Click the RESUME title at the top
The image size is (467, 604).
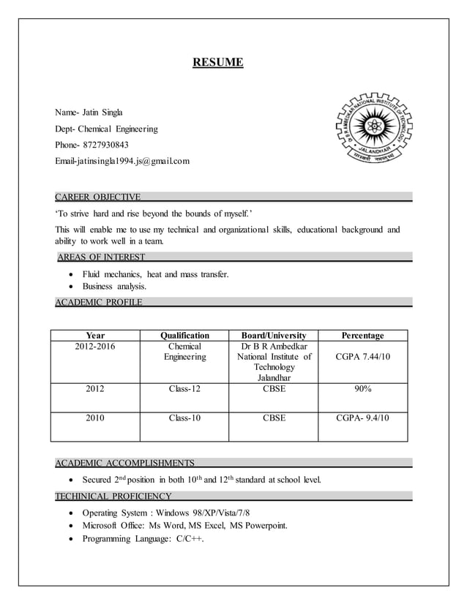point(217,63)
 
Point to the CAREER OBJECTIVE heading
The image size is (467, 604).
point(98,197)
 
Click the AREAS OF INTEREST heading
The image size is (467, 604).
point(101,257)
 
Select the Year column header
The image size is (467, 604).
point(95,336)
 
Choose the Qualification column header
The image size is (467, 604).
point(184,336)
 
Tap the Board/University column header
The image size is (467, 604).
point(274,336)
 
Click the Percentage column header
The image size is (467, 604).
point(363,336)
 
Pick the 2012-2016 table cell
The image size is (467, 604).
point(95,347)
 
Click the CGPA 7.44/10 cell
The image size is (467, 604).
point(363,357)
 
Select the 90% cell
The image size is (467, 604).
point(363,389)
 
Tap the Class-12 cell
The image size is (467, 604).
point(184,389)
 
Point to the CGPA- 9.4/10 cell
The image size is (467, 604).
point(363,418)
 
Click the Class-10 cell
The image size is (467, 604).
point(184,418)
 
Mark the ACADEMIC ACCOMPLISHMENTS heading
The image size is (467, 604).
point(125,463)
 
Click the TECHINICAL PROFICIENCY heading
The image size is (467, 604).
point(113,497)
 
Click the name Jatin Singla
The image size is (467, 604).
point(102,113)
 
